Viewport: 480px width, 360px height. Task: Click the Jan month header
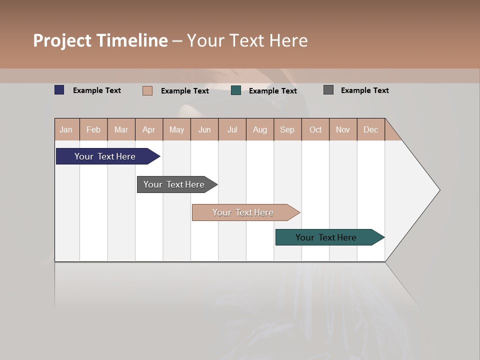coord(66,129)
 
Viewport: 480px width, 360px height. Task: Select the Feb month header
coord(93,129)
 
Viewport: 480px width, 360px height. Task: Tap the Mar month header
coord(121,129)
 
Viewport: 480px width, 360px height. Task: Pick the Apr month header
coord(149,129)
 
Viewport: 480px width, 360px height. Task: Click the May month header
coord(176,129)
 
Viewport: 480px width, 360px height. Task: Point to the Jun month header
coord(204,129)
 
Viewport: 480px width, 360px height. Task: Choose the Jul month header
coord(232,129)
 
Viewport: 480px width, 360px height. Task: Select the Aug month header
coord(260,129)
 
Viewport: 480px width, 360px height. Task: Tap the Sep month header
coord(287,129)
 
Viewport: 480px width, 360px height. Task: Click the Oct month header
coord(315,129)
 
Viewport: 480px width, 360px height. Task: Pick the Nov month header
coord(343,129)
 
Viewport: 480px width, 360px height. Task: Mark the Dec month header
coord(371,129)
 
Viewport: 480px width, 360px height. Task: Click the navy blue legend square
coord(59,90)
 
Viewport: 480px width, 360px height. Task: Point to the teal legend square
coord(236,90)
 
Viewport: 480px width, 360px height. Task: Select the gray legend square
coord(328,90)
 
